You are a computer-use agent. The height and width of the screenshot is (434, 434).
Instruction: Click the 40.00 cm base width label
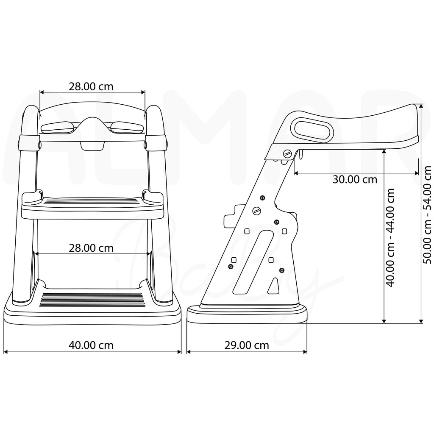pos(91,345)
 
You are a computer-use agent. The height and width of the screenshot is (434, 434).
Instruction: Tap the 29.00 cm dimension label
pos(247,345)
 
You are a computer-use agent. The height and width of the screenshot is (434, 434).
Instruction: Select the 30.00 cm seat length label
pos(355,179)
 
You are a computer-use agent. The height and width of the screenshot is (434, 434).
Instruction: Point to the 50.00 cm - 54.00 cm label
pos(428,214)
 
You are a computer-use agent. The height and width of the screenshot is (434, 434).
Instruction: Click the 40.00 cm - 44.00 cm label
pos(390,238)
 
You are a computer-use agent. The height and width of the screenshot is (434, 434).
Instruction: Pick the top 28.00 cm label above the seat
pos(91,86)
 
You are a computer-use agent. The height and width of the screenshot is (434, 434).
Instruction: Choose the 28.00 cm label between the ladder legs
pos(91,248)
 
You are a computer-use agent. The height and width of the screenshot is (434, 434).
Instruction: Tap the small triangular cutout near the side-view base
pos(273,286)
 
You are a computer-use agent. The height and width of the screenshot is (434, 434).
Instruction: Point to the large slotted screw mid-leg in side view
pos(257,211)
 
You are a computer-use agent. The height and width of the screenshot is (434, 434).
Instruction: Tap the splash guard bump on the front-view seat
pos(92,125)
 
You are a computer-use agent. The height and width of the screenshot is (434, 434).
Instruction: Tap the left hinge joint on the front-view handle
pos(28,143)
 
